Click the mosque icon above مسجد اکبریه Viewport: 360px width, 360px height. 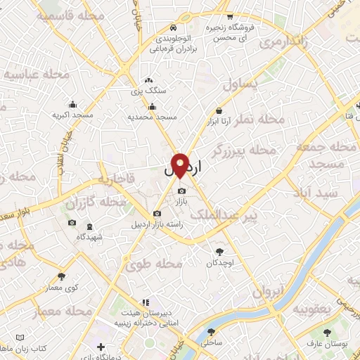point(73,104)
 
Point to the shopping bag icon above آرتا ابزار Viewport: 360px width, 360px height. point(219,110)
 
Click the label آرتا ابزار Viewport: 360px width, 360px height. point(219,122)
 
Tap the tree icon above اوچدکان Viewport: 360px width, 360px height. point(220,251)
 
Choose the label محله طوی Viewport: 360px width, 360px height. point(154,265)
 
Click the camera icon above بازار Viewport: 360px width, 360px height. point(182,191)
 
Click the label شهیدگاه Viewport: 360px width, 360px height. point(89,237)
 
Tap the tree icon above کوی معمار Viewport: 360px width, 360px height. point(62,276)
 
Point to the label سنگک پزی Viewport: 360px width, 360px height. point(150,91)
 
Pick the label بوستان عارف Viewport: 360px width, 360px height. point(325,342)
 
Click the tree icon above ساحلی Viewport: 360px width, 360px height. point(210,333)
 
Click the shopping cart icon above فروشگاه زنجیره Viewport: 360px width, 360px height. point(229,16)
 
